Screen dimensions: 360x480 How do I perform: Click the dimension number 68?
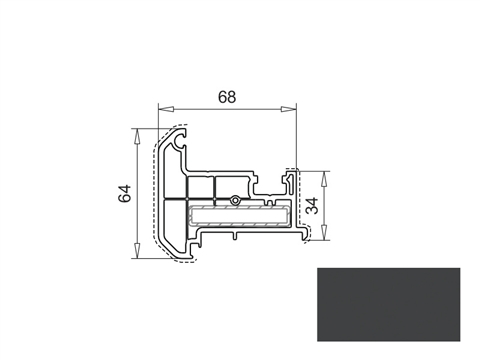coord(228,97)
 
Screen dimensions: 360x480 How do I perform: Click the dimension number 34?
coord(313,206)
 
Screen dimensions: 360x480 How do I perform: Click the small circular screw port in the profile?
coord(233,200)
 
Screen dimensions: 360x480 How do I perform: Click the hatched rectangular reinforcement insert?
coord(240,214)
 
